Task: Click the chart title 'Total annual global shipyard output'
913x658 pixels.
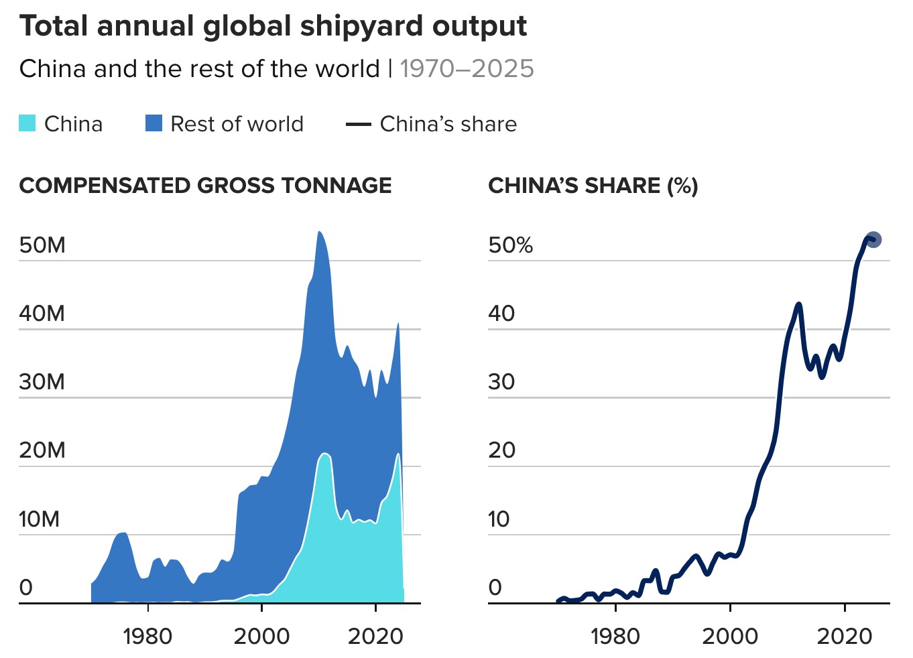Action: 273,27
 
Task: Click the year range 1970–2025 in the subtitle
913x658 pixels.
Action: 467,69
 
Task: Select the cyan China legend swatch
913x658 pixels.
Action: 27,124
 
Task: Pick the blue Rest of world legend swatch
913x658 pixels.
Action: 154,124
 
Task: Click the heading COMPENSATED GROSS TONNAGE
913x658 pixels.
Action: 205,186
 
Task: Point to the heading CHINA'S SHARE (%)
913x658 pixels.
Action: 593,186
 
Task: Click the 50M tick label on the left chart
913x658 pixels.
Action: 42,245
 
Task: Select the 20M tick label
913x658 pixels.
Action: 42,450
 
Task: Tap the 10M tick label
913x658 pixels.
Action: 39,519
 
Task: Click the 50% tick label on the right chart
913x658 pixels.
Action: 510,245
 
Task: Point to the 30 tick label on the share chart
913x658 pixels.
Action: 501,382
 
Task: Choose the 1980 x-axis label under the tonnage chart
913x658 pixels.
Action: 147,636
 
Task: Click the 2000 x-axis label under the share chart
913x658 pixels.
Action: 730,636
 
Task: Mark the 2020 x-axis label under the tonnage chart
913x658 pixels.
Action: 375,636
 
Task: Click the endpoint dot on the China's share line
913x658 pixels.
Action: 873,239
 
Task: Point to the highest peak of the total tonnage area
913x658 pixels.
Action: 319,233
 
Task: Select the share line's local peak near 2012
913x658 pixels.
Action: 798,305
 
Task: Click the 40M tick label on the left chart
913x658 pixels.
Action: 42,314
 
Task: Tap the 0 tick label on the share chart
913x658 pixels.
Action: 495,588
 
